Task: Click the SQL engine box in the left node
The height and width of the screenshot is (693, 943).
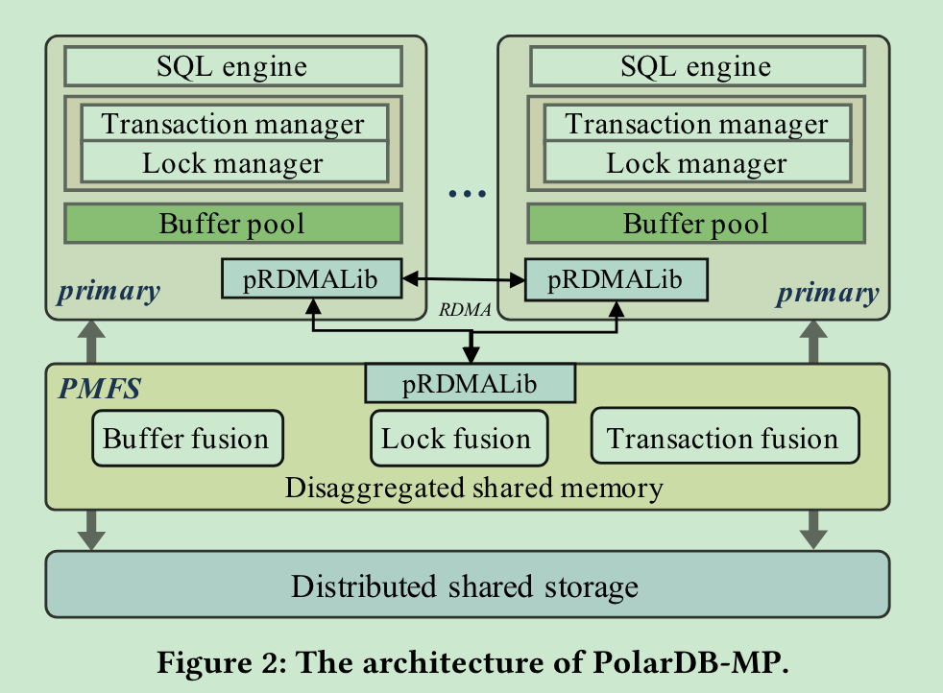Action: [232, 66]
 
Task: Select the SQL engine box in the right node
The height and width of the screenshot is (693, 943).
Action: [696, 66]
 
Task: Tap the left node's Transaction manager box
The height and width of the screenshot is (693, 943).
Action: [233, 124]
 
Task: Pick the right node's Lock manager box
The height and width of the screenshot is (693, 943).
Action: [696, 163]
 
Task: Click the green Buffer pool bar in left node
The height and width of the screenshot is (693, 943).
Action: [232, 224]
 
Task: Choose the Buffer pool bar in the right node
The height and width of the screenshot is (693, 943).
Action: [696, 224]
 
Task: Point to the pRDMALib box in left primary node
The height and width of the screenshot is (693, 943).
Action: [311, 278]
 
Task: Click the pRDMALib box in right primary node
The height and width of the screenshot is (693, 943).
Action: [616, 279]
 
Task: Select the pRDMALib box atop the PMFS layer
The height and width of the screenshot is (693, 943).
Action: [470, 384]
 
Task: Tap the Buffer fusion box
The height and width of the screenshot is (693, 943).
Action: [186, 440]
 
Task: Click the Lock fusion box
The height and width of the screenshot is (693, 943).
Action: [457, 440]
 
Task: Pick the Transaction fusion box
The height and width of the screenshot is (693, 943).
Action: [723, 439]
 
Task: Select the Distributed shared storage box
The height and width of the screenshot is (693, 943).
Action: [467, 585]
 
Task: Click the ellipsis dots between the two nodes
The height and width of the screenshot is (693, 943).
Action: [468, 195]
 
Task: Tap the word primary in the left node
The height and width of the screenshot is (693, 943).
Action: [109, 292]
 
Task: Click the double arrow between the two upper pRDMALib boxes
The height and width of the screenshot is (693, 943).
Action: [462, 279]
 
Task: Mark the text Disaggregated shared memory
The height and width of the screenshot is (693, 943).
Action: [473, 488]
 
